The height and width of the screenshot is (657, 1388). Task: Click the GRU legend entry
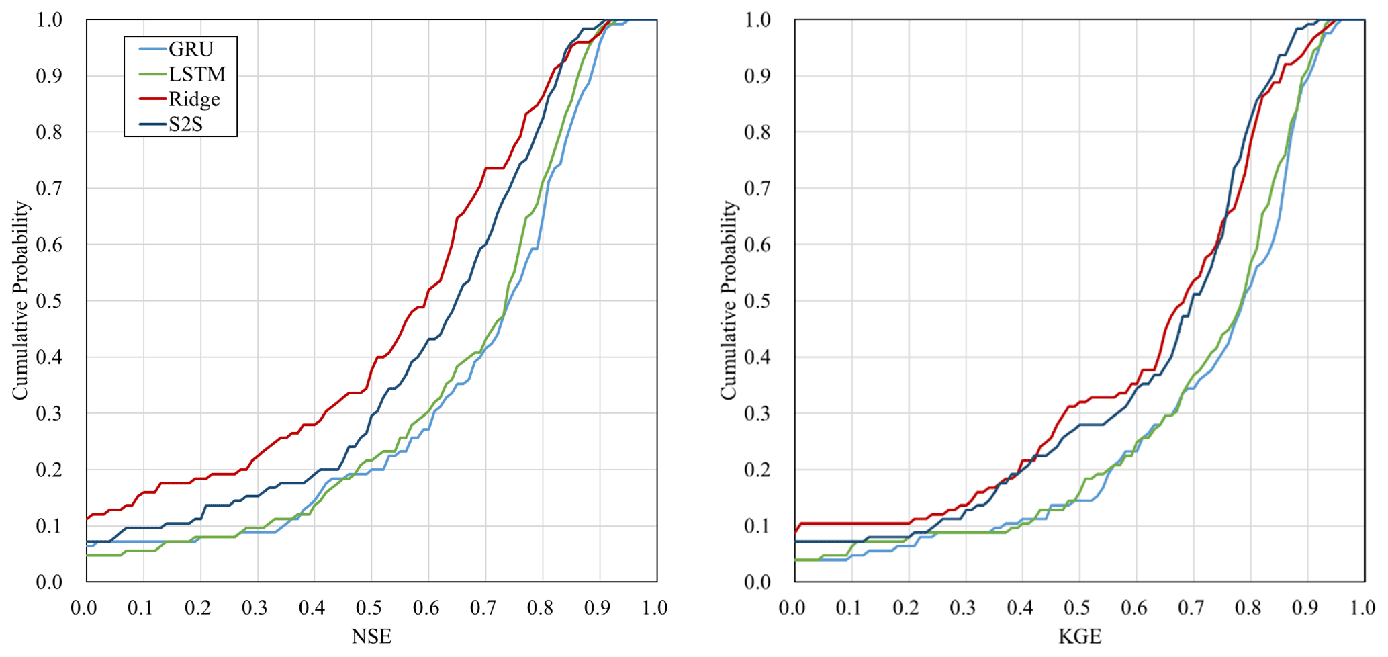coord(191,49)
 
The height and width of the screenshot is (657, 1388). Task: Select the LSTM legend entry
coord(197,74)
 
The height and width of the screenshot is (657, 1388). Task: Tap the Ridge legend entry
coord(194,99)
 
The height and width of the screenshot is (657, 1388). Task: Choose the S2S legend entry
coord(185,124)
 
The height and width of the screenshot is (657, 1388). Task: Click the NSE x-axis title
coord(371,636)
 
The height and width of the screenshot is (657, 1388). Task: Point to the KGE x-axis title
coord(1080,636)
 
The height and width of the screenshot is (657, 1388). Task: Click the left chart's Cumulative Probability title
coord(20,300)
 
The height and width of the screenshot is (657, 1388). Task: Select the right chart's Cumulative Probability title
coord(729,300)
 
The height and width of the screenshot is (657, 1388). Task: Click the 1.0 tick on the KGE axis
coord(1363,608)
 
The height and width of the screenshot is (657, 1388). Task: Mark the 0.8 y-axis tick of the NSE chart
coord(49,132)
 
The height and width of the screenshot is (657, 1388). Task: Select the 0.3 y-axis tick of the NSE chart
coord(49,413)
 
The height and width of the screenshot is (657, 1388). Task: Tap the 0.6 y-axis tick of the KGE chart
coord(757,245)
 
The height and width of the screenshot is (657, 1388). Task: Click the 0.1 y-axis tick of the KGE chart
coord(757,525)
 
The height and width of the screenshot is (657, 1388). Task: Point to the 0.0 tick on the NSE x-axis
coord(84,608)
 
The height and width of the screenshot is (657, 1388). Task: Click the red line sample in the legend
coord(152,99)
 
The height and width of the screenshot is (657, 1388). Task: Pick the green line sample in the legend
coord(152,74)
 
